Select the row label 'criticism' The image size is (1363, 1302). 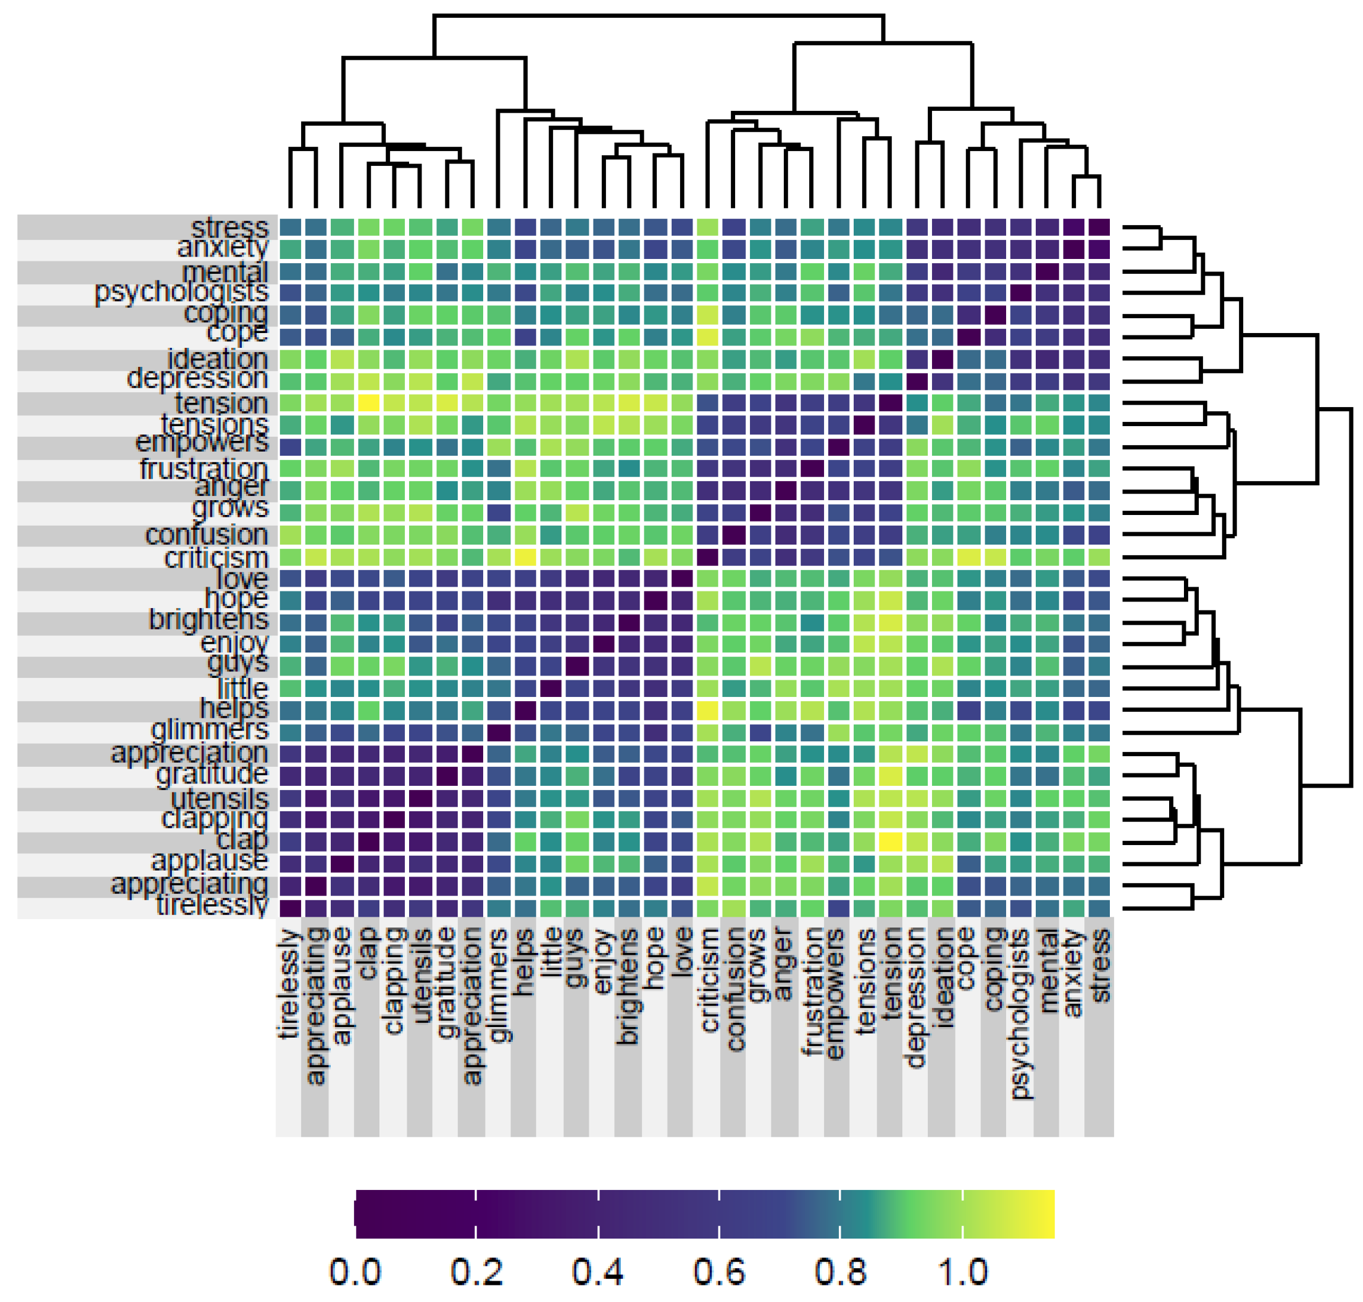[215, 557]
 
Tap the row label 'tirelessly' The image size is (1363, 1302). [212, 905]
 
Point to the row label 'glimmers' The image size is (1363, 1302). [209, 730]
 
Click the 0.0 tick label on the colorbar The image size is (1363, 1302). [355, 1271]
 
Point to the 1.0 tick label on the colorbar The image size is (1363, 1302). [962, 1271]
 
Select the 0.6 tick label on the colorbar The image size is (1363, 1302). [719, 1271]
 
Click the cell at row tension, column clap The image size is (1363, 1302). [368, 402]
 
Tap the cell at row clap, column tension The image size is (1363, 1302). [889, 841]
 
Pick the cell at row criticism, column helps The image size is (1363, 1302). [525, 556]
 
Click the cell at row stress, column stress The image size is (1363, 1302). [1099, 228]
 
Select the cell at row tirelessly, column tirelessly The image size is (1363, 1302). [289, 907]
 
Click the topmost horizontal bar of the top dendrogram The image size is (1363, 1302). [657, 15]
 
